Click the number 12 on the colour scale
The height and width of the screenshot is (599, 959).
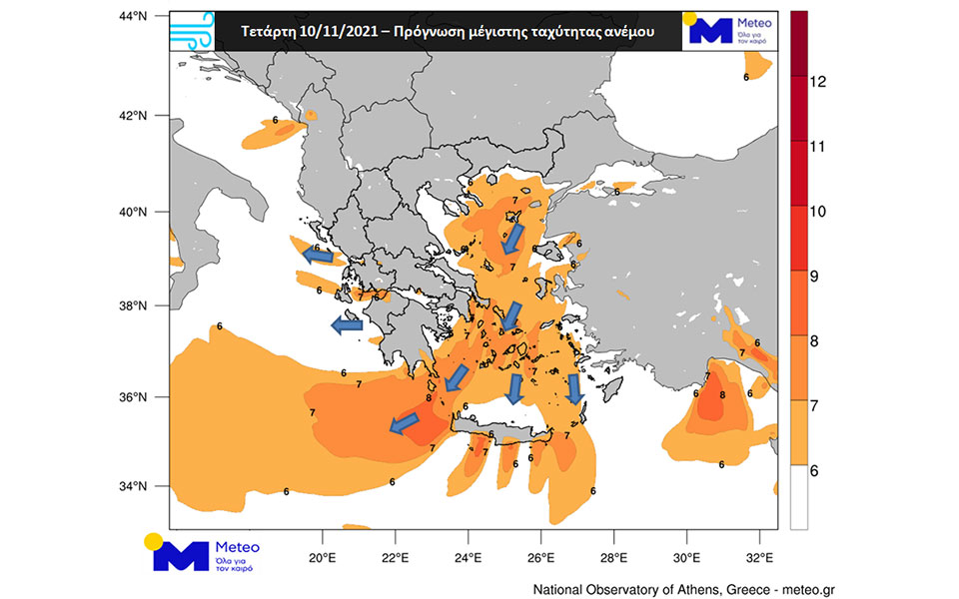click(x=817, y=83)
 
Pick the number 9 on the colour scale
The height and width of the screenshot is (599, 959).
click(x=813, y=277)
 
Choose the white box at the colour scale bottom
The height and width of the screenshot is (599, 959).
click(x=798, y=496)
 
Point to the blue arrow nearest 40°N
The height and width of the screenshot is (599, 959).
click(x=511, y=238)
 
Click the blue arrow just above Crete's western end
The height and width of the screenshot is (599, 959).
click(x=458, y=376)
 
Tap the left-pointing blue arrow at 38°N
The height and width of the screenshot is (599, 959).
click(x=347, y=325)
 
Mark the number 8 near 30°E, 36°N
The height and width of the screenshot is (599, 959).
click(x=722, y=395)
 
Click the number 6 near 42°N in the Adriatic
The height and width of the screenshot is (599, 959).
click(x=275, y=121)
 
